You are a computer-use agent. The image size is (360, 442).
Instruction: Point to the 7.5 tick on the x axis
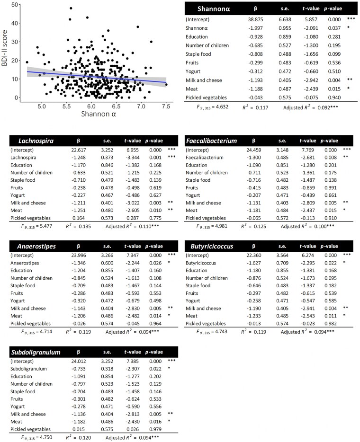[166, 107]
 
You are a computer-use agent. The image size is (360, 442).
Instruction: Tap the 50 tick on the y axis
[16, 4]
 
